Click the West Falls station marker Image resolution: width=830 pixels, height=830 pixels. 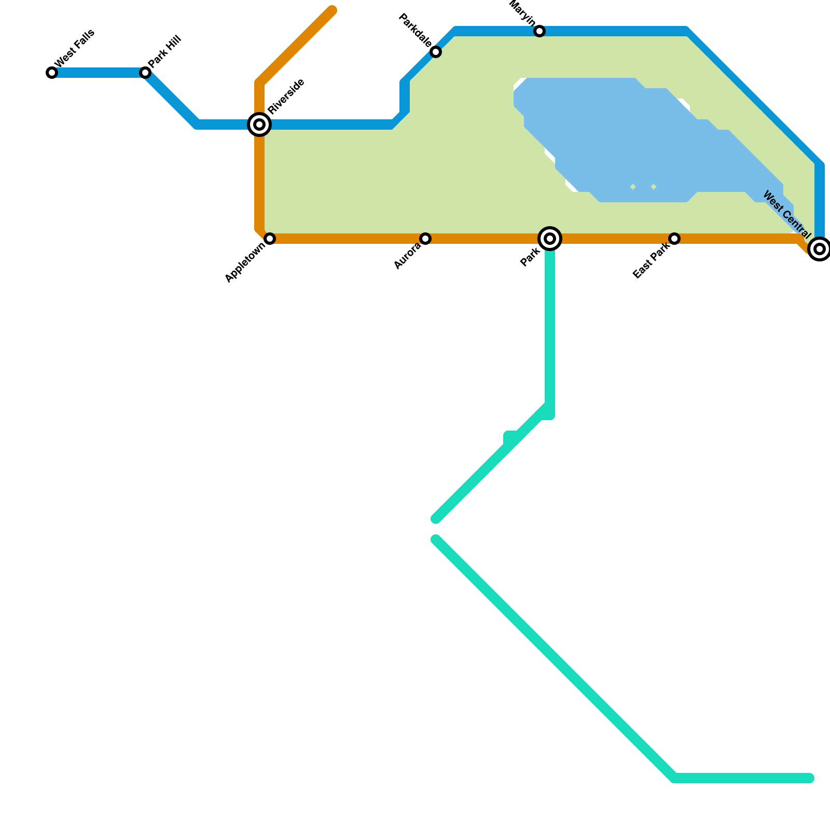[52, 73]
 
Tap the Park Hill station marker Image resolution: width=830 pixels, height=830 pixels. [145, 73]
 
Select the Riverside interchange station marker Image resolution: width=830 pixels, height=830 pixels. [259, 125]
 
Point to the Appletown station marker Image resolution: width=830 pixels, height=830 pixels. [270, 239]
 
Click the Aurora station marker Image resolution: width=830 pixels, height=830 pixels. [425, 239]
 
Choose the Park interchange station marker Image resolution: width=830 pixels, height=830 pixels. [550, 239]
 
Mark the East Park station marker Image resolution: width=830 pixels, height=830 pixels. [674, 239]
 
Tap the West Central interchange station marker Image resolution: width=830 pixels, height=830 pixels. [819, 249]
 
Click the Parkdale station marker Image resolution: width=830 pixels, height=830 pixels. [436, 52]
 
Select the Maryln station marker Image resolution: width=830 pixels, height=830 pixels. [539, 32]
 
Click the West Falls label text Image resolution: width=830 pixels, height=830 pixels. [75, 48]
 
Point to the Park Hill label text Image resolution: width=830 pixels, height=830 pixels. [164, 52]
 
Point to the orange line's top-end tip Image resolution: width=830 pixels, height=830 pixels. [332, 10]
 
